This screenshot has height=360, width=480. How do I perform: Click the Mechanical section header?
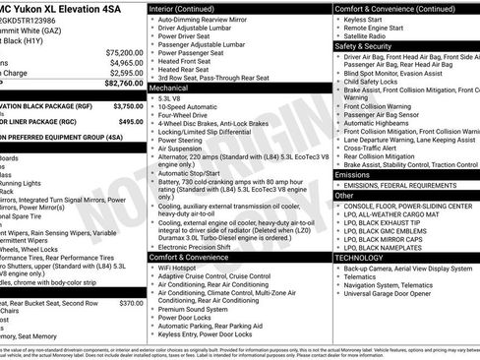click(171, 88)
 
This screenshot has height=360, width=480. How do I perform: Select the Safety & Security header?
click(365, 45)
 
